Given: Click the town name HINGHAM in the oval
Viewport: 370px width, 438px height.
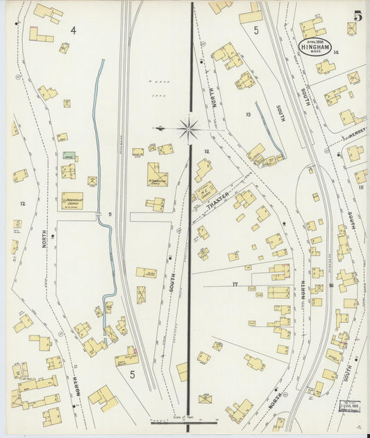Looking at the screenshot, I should (x=315, y=46).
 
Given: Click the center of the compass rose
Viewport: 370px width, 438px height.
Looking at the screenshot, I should (x=189, y=128).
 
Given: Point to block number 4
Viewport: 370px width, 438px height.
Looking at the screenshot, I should (x=73, y=30).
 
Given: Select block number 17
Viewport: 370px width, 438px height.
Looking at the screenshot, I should (x=235, y=284).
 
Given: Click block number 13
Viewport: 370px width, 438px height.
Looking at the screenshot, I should (x=247, y=114).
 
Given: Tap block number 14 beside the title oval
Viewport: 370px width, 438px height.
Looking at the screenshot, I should (x=335, y=53).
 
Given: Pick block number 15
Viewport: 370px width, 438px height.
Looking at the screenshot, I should (x=361, y=188).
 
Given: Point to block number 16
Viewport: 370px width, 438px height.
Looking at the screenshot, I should (x=331, y=285).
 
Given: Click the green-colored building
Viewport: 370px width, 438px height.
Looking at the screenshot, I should (x=68, y=156).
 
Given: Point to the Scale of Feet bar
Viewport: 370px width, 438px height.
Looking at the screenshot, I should (x=184, y=421).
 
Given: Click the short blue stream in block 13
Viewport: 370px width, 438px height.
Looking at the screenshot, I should (x=269, y=129).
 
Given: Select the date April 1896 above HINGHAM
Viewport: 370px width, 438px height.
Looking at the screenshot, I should (x=315, y=40).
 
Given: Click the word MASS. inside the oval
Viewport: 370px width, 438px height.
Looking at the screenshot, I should (x=315, y=52).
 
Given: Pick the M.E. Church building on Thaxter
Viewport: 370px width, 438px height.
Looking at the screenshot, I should (x=205, y=191).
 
